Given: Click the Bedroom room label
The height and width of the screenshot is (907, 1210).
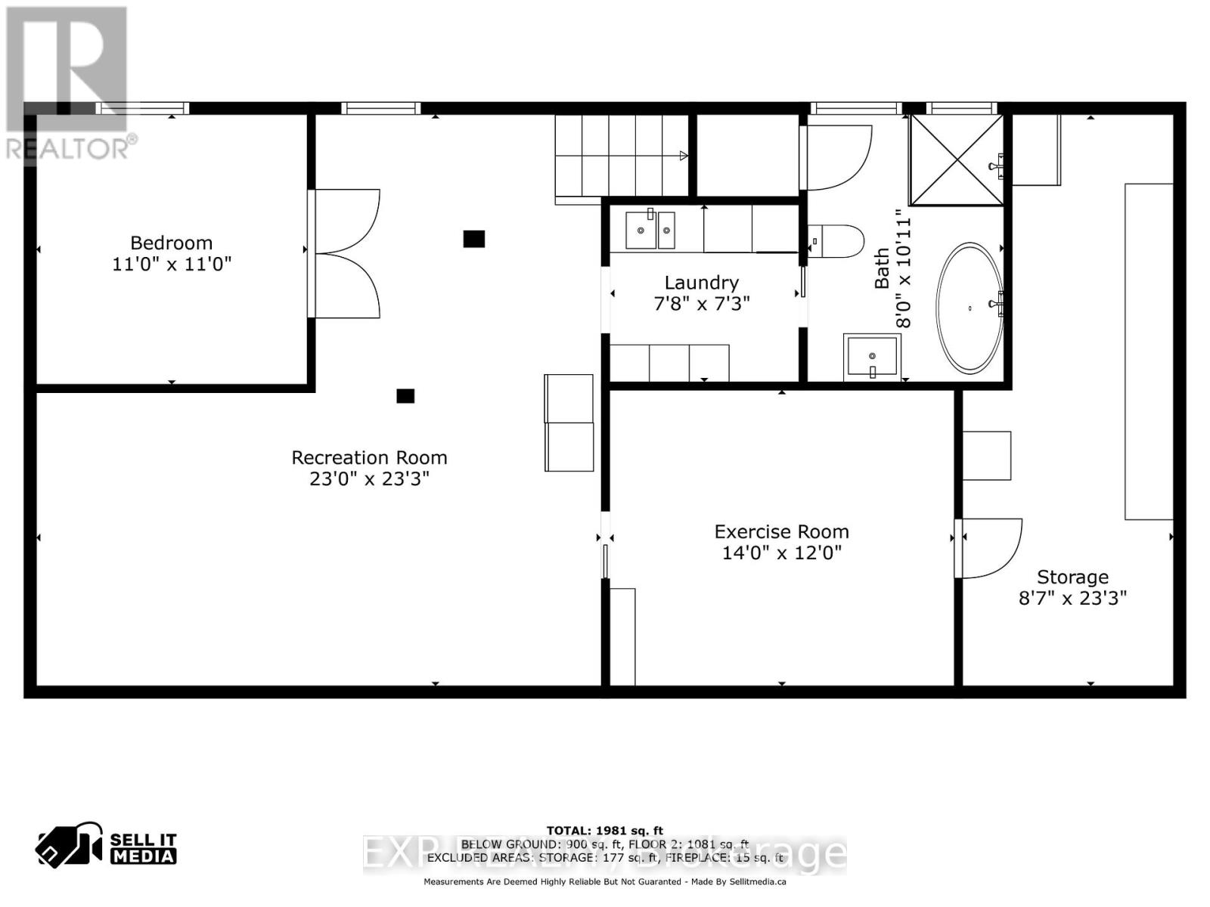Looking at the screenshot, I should click(x=171, y=243).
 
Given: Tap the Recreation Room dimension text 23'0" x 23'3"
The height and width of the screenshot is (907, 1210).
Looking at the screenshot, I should click(x=369, y=478).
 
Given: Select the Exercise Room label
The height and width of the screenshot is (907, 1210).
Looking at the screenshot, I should click(x=781, y=531).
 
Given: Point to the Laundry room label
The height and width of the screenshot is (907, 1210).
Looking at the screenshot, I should click(x=701, y=283).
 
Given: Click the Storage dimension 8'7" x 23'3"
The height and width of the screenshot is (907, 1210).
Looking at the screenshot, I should click(x=1072, y=598).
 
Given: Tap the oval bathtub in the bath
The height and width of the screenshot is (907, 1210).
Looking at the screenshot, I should click(x=970, y=308).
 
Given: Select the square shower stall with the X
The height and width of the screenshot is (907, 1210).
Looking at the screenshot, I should click(x=957, y=159).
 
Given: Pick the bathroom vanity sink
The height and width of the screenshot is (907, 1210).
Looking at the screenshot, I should click(x=873, y=356).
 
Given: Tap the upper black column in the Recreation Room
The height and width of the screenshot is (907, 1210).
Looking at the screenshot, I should click(x=474, y=239).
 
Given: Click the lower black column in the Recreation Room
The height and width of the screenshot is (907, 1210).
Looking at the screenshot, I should click(x=405, y=396).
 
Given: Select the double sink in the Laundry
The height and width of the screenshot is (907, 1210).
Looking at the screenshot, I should click(x=650, y=231).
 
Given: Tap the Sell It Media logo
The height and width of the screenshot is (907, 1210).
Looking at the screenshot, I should click(x=107, y=848).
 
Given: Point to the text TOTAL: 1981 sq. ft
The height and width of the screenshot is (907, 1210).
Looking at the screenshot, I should click(x=604, y=831).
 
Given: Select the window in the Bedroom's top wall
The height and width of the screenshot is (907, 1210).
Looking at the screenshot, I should click(x=142, y=108).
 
